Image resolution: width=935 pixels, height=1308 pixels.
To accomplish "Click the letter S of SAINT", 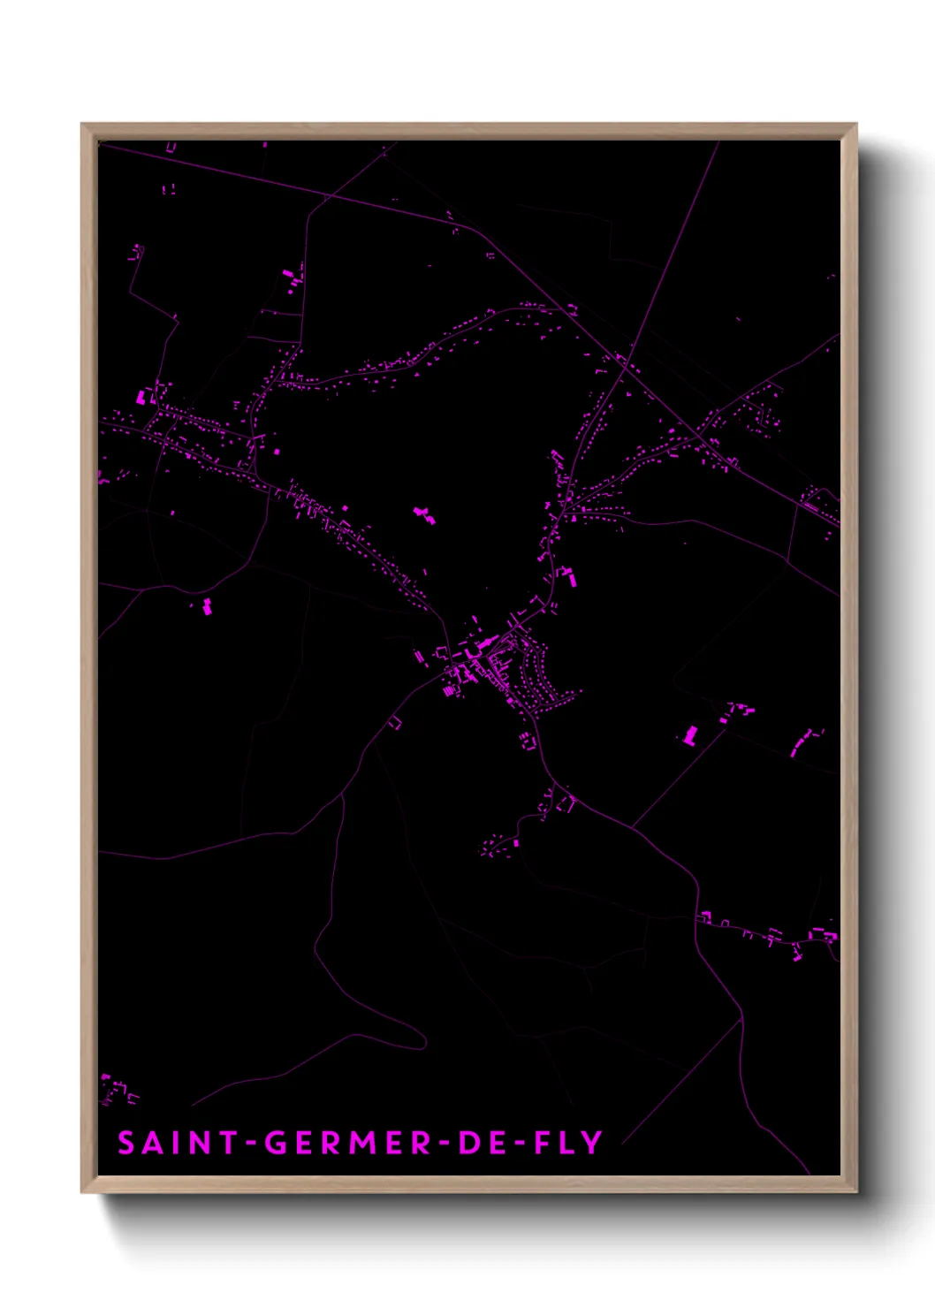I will [x=126, y=1143].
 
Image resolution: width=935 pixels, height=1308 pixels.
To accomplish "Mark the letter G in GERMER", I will [x=276, y=1143].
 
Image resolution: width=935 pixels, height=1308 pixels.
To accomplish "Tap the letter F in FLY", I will [x=543, y=1143].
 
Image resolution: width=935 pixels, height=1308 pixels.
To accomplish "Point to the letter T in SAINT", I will [x=229, y=1143].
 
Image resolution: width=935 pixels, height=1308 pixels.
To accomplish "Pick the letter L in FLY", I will [x=567, y=1143].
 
